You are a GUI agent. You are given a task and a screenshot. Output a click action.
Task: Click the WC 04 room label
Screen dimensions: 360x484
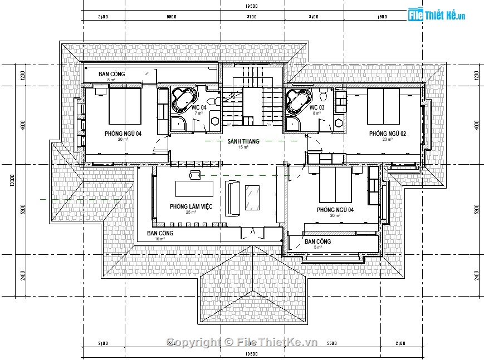[x=199, y=107]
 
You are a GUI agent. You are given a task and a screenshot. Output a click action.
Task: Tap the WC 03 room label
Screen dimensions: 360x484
[x=316, y=107]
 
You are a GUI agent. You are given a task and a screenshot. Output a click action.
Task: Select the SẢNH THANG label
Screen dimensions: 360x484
[x=243, y=142]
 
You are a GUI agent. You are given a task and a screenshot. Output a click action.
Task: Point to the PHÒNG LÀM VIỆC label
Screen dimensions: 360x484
[x=191, y=206]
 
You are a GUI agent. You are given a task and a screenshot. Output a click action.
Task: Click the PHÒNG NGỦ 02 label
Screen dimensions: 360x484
[x=388, y=134]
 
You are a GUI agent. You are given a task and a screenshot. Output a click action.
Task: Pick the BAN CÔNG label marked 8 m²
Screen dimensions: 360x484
[x=112, y=74]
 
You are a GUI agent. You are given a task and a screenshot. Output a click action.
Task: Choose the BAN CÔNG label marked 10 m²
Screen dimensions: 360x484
[x=160, y=233]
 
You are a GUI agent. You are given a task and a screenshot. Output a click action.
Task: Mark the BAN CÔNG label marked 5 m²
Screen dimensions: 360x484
[x=317, y=241]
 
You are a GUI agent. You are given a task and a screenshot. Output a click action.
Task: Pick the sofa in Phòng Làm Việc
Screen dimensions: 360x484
[x=232, y=198]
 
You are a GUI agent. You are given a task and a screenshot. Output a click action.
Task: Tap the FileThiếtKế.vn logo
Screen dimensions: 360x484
[x=436, y=15]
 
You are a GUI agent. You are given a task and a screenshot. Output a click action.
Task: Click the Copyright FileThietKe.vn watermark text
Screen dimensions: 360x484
[x=242, y=342]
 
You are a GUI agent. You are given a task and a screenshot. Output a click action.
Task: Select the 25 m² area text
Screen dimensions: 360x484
[x=191, y=213]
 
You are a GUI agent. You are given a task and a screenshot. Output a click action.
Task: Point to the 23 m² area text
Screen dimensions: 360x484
[x=388, y=140]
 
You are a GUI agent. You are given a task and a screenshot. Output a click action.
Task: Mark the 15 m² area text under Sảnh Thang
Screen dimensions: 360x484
[x=243, y=147]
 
